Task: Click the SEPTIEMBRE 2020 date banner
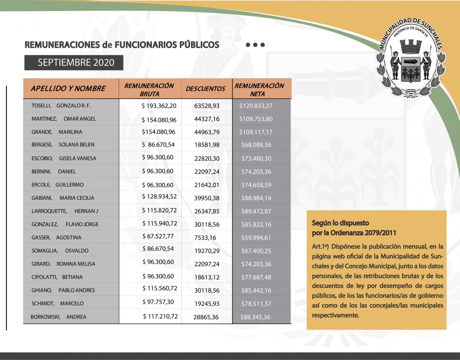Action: click(74, 63)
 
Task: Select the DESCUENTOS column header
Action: click(205, 89)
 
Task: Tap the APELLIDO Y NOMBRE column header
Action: click(68, 89)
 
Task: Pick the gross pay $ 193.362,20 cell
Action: click(159, 106)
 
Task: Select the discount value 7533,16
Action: click(205, 238)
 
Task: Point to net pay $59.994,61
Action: click(256, 238)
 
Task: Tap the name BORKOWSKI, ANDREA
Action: click(59, 317)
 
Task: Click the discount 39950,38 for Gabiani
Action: click(207, 198)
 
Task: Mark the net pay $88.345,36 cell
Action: click(255, 317)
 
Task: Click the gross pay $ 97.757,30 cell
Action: click(158, 302)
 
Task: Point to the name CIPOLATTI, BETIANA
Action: click(57, 277)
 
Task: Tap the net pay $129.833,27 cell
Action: click(256, 106)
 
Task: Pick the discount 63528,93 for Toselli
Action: click(207, 106)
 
